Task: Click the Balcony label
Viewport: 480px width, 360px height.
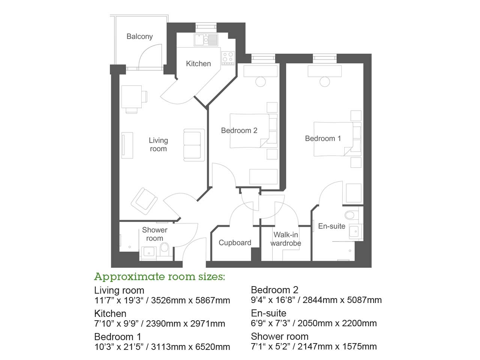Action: (x=139, y=36)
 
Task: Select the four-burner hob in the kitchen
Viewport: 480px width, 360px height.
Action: (x=228, y=58)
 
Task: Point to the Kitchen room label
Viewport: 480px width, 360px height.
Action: (x=198, y=64)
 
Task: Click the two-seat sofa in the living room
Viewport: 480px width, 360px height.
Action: (x=193, y=145)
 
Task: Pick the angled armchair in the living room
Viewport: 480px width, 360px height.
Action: (x=145, y=201)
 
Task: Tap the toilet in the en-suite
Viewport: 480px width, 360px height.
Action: (x=350, y=215)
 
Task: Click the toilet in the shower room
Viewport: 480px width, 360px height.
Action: (x=164, y=247)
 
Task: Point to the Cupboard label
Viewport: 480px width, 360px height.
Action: (x=235, y=243)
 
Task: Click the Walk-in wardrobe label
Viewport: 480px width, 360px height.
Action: (x=286, y=239)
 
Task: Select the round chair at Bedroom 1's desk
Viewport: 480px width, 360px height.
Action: (x=325, y=81)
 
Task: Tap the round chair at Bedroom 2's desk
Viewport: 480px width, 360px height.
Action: (x=261, y=81)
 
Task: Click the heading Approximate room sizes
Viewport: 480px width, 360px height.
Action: (x=159, y=277)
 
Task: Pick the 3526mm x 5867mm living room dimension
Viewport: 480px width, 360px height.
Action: (x=190, y=300)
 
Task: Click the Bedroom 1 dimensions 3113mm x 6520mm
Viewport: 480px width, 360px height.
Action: (x=190, y=347)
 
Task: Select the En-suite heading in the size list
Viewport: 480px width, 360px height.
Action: (x=268, y=313)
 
